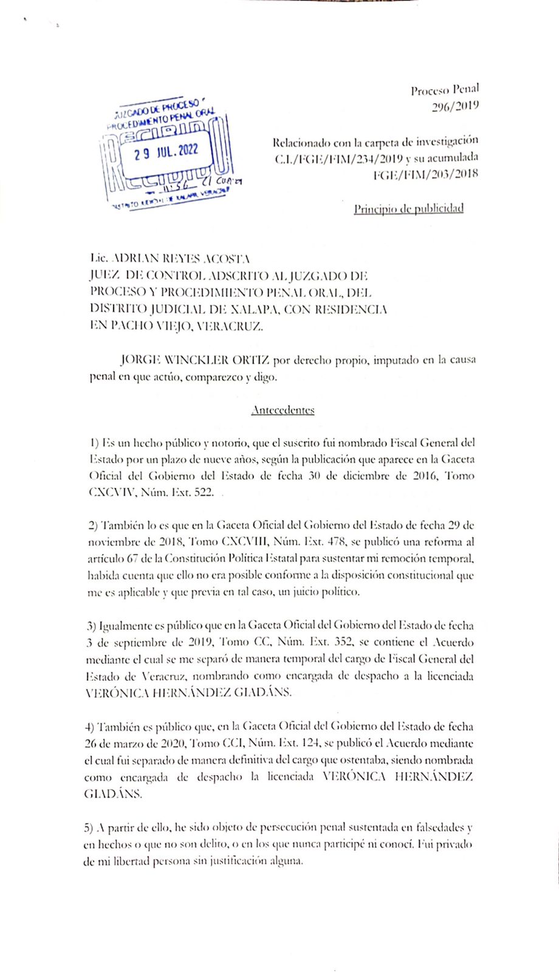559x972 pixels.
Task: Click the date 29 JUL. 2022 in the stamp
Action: click(166, 151)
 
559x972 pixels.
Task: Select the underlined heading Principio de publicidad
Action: click(409, 209)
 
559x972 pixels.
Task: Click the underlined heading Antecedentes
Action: click(283, 410)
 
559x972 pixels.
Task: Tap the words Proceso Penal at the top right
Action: click(445, 91)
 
